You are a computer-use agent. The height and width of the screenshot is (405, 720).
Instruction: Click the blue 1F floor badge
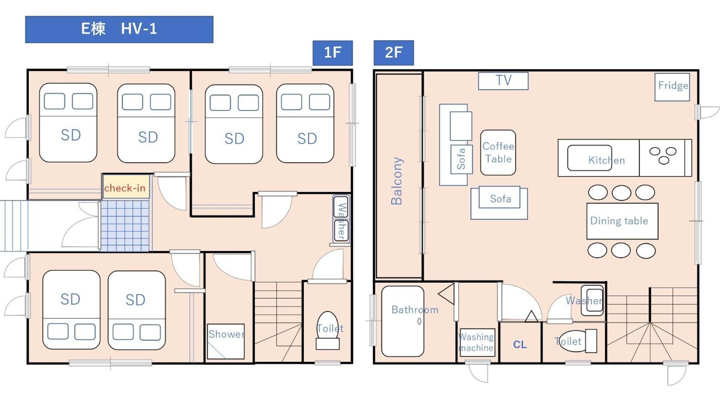[332, 53]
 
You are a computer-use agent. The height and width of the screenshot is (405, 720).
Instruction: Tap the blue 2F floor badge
[394, 53]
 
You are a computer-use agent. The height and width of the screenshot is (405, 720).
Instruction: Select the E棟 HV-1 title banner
[119, 29]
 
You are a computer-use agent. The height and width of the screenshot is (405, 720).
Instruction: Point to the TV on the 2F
[503, 81]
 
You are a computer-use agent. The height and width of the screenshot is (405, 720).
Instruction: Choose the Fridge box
[672, 87]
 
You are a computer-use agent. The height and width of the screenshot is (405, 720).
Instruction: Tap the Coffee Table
[498, 153]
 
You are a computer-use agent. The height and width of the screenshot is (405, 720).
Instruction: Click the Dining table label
[619, 221]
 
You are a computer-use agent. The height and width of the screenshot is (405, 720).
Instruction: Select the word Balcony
[397, 181]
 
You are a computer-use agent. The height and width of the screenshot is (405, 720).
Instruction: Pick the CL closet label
[520, 345]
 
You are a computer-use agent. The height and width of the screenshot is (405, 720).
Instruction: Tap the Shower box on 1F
[226, 341]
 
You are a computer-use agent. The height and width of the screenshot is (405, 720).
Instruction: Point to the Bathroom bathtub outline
[403, 321]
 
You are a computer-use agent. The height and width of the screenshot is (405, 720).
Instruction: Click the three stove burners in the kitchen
[663, 156]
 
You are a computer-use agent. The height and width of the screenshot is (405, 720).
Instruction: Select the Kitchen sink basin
[590, 158]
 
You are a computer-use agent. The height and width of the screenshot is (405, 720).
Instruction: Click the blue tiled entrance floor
[125, 226]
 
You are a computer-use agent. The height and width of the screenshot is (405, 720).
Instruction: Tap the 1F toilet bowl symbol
[328, 330]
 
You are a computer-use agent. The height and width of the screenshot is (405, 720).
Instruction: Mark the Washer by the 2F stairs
[592, 301]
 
